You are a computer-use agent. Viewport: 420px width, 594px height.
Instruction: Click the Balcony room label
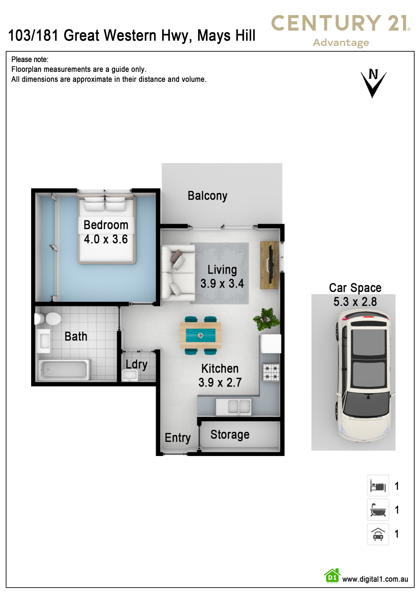(207, 196)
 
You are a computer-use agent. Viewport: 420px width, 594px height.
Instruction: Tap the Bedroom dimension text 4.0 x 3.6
(106, 239)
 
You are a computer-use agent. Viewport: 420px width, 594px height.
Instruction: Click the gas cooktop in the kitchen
(271, 372)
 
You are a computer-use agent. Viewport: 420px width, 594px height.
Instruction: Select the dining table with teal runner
(201, 335)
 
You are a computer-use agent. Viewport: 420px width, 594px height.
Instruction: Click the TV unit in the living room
(269, 265)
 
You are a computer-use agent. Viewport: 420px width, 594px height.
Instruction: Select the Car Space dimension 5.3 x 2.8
(355, 302)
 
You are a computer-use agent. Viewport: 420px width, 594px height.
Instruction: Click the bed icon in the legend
(378, 486)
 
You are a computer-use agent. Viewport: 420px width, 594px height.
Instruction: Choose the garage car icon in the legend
(378, 534)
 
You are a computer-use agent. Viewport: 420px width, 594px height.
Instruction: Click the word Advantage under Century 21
(341, 43)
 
